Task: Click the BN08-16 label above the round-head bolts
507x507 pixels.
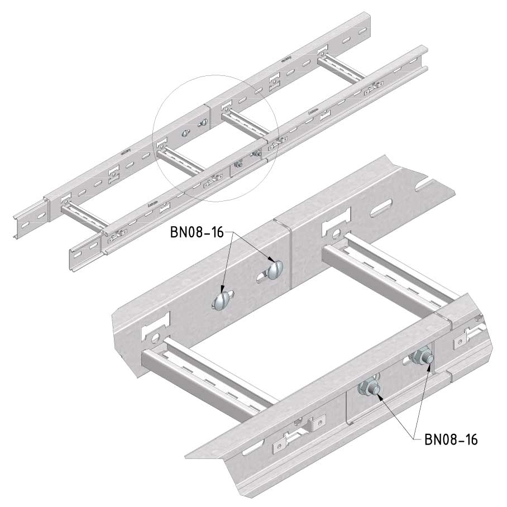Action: point(197,232)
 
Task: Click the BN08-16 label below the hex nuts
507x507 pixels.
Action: point(451,439)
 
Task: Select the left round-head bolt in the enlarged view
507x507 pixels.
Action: point(221,301)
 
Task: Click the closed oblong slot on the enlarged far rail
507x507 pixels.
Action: point(381,208)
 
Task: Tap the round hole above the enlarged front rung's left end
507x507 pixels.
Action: point(156,337)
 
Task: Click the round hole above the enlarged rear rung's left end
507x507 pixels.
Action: point(337,232)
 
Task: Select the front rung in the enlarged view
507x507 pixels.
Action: point(207,380)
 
